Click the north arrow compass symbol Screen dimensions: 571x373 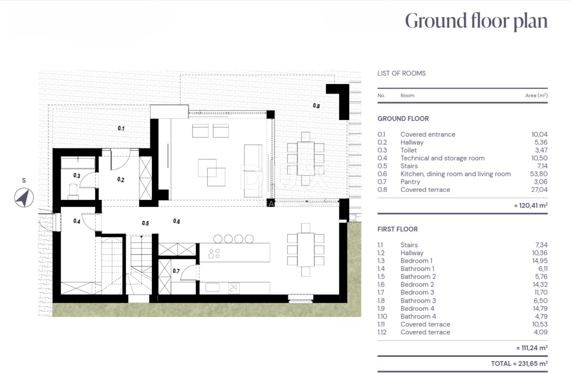[x=24, y=197]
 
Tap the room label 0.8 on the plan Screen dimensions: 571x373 [x=316, y=106]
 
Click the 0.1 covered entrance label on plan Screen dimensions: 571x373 [x=121, y=129]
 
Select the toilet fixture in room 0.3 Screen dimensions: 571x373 [x=73, y=192]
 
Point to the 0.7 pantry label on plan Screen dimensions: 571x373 [x=176, y=271]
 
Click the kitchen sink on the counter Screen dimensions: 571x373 [x=212, y=287]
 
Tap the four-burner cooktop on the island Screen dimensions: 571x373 [x=214, y=254]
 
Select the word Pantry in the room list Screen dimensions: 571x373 [x=410, y=182]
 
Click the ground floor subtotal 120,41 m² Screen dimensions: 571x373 [x=531, y=205]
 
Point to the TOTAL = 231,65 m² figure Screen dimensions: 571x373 [x=519, y=364]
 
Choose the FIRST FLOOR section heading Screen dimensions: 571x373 [x=397, y=229]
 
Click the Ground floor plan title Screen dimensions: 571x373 [x=476, y=21]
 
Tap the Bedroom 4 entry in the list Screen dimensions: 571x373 [x=417, y=308]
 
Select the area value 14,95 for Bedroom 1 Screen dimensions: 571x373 [x=540, y=261]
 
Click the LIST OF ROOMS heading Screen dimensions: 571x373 [x=401, y=73]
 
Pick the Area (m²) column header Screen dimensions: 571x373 [x=536, y=95]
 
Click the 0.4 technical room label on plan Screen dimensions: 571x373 [x=77, y=221]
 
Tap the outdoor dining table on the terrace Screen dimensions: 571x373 [x=306, y=159]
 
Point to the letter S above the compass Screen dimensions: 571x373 [x=24, y=180]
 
